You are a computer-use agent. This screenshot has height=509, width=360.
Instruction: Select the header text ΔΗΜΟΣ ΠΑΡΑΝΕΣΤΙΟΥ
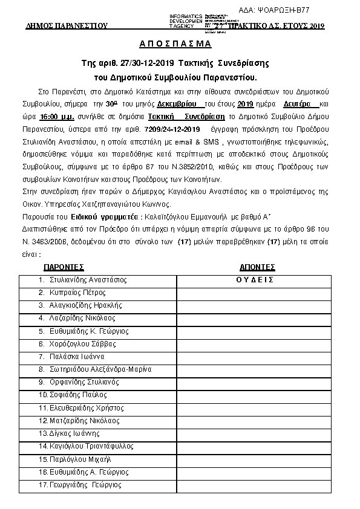pos(67,26)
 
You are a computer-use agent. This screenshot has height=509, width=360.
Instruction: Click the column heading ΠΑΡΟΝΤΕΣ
pos(64,267)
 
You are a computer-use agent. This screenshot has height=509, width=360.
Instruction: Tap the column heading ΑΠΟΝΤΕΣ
pos(257,267)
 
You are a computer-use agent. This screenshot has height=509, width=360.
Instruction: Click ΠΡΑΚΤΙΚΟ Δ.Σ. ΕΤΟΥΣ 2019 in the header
pos(284,25)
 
